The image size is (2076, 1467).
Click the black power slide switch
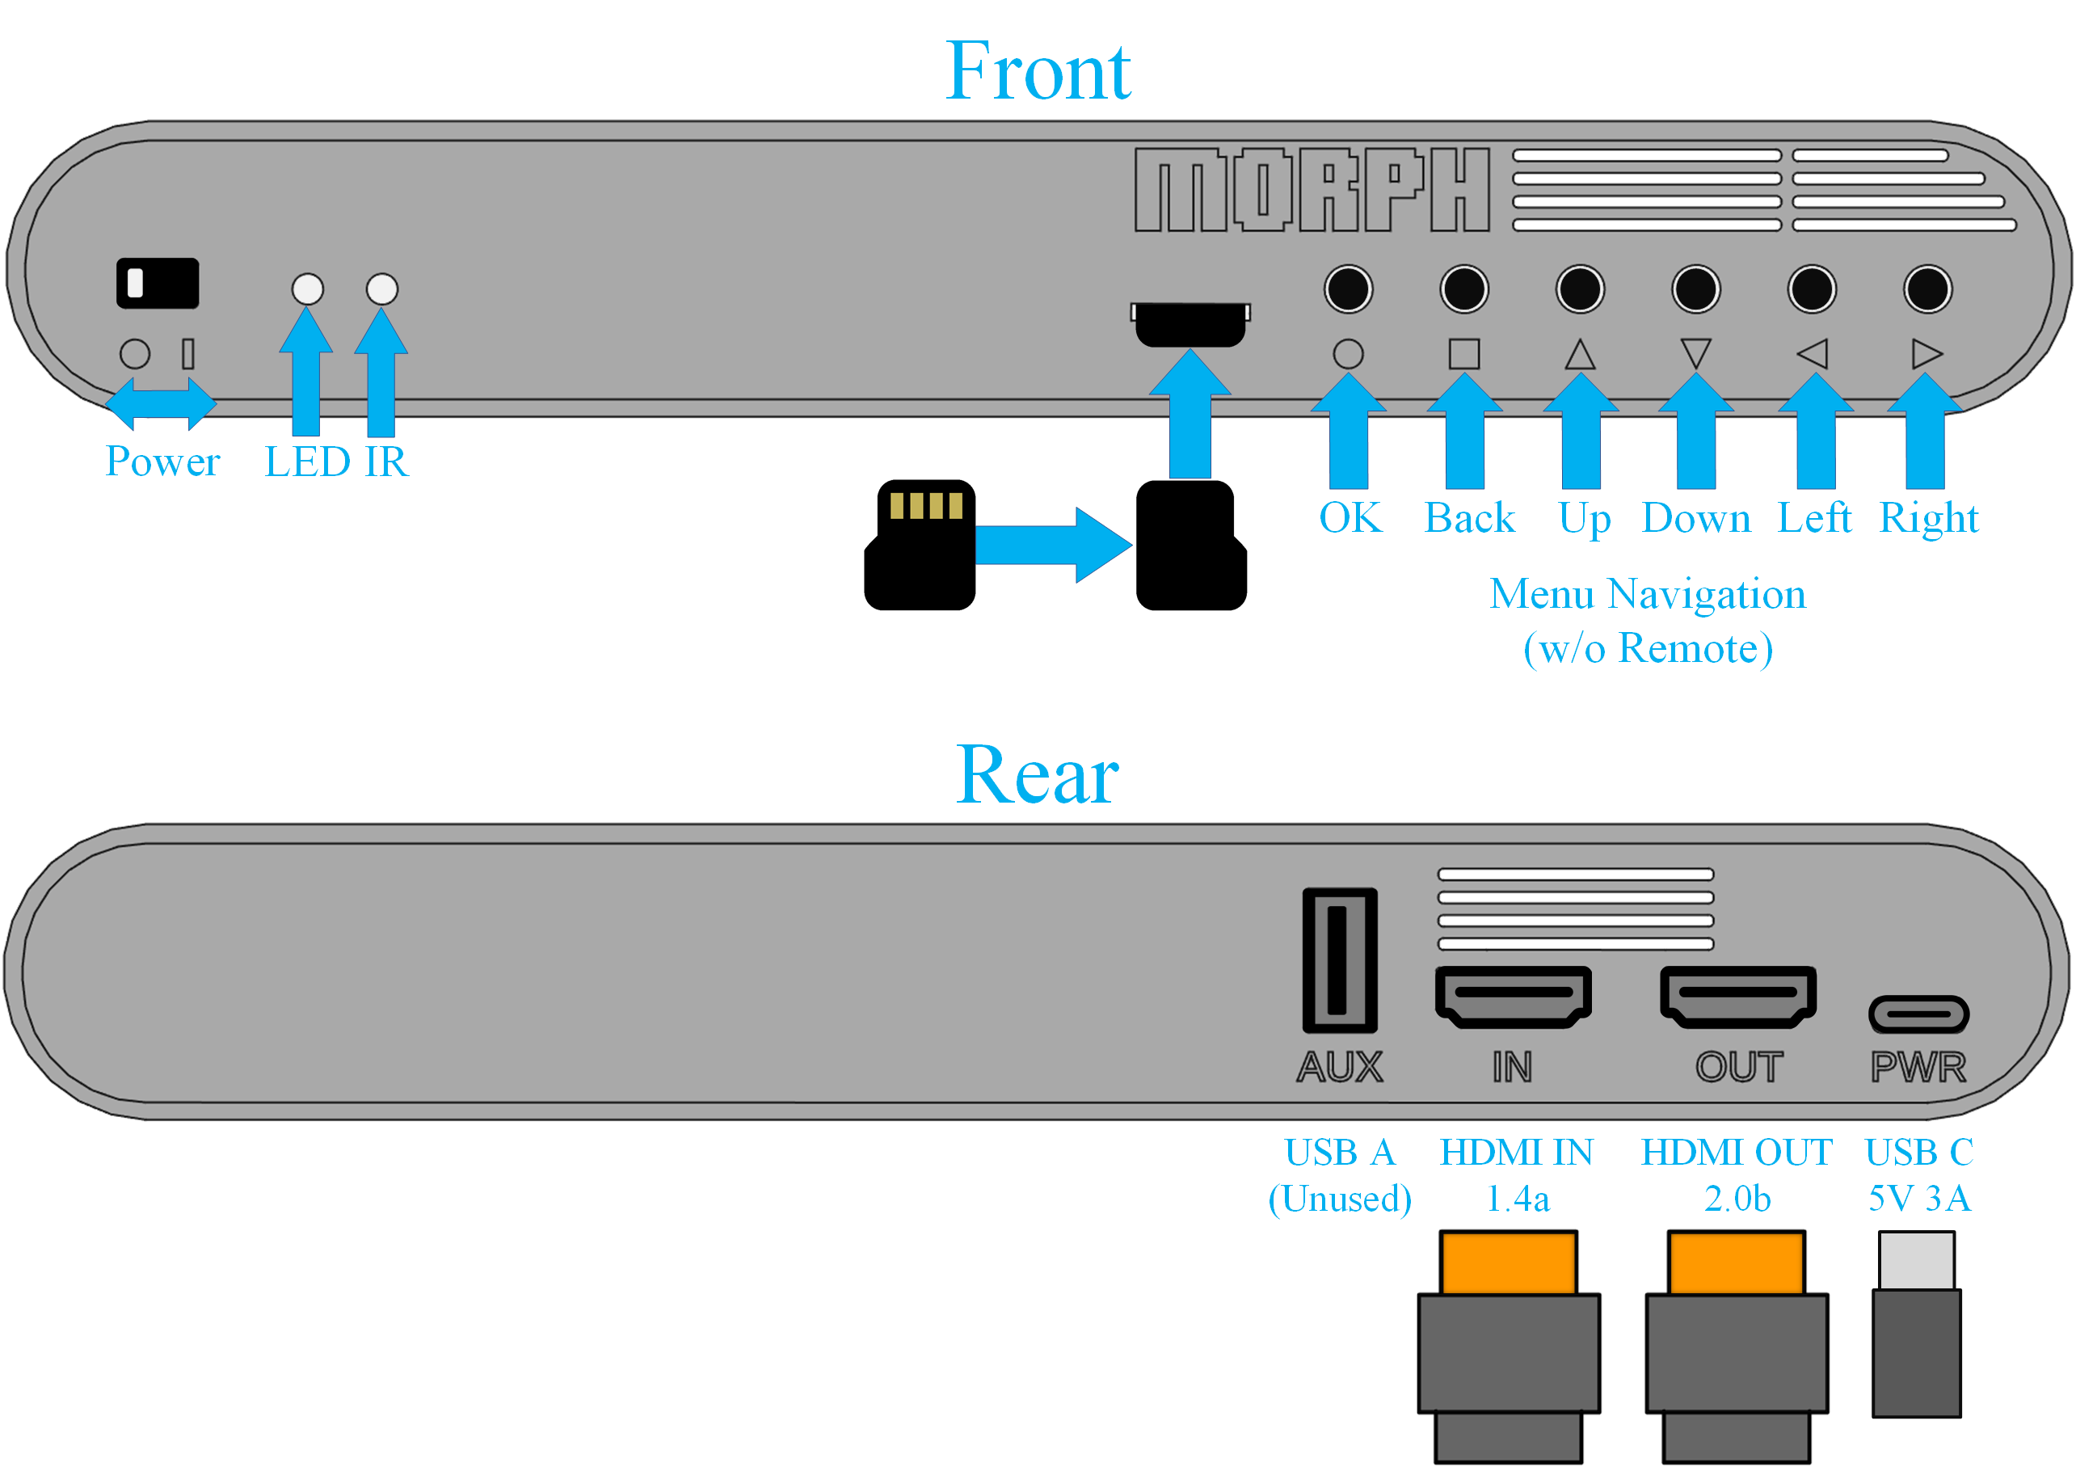coord(158,283)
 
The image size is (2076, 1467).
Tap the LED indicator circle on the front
coord(307,289)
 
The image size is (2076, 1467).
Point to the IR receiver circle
coord(381,289)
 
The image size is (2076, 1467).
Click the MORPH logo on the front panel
coord(1311,190)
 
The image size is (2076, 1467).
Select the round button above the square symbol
coord(1464,289)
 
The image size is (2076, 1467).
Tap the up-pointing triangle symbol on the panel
coord(1580,355)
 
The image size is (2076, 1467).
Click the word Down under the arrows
coord(1696,518)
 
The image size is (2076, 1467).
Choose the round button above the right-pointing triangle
coord(1928,289)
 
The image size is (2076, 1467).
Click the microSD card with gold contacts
coord(920,545)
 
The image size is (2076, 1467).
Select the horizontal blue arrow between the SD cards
coord(1054,545)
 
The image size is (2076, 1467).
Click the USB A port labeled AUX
coord(1339,960)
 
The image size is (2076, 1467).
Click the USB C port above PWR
coord(1918,1014)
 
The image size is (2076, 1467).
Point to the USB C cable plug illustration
coord(1916,1325)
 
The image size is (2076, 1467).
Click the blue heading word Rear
coord(1037,775)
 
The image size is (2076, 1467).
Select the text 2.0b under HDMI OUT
coord(1737,1199)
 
